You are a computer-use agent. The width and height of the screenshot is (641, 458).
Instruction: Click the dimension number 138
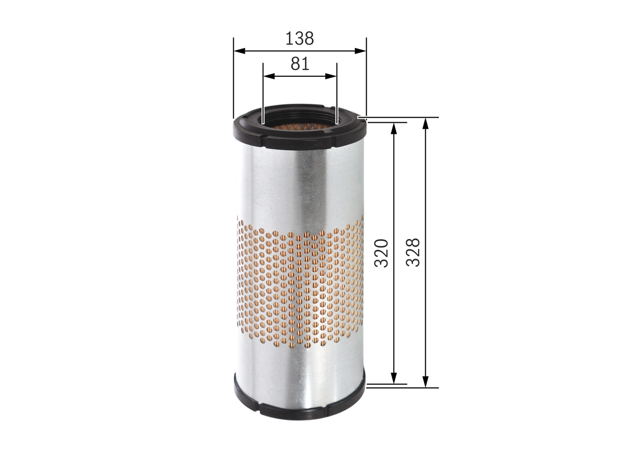pyautogui.click(x=299, y=38)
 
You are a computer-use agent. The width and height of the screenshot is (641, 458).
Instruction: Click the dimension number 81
pyautogui.click(x=299, y=64)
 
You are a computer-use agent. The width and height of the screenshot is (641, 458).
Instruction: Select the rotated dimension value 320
pyautogui.click(x=382, y=253)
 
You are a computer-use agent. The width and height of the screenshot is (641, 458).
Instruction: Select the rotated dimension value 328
pyautogui.click(x=413, y=252)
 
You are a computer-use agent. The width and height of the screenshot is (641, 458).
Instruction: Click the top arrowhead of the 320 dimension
pyautogui.click(x=394, y=126)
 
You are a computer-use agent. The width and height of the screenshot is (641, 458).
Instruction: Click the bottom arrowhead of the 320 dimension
pyautogui.click(x=394, y=379)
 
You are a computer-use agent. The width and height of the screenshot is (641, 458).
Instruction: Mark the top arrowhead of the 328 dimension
pyautogui.click(x=426, y=123)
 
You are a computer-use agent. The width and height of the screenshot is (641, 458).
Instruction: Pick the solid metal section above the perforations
pyautogui.click(x=299, y=185)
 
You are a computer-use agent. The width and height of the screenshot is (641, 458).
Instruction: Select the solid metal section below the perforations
pyautogui.click(x=299, y=371)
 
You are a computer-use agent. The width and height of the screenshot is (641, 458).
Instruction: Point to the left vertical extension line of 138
pyautogui.click(x=233, y=80)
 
